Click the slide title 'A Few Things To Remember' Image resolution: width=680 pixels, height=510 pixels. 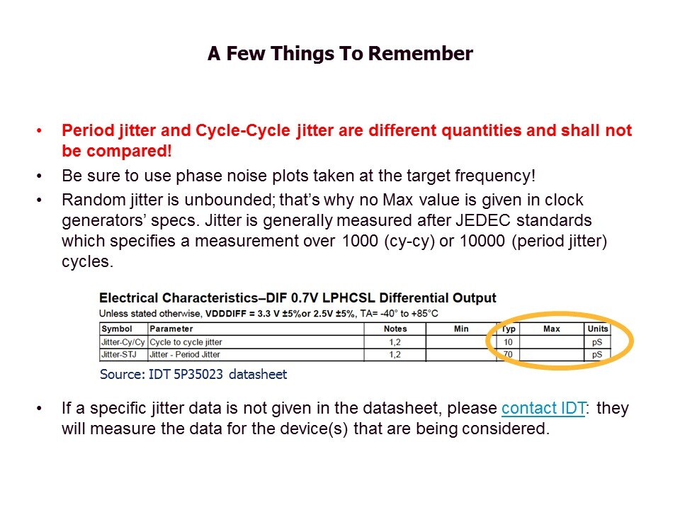pyautogui.click(x=340, y=53)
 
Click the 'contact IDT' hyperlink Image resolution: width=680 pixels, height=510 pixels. pyautogui.click(x=543, y=408)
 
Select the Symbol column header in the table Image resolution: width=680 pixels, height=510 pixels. pyautogui.click(x=117, y=329)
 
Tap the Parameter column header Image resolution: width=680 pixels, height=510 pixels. pyautogui.click(x=171, y=329)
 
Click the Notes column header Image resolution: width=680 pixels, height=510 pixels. pyautogui.click(x=395, y=329)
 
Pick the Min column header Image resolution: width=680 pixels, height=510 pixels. pyautogui.click(x=461, y=329)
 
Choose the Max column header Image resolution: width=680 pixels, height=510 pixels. pyautogui.click(x=552, y=329)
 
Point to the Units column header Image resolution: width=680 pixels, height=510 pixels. pyautogui.click(x=598, y=329)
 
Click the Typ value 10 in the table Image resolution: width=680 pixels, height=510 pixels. pyautogui.click(x=508, y=342)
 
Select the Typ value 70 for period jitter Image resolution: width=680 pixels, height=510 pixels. pyautogui.click(x=508, y=354)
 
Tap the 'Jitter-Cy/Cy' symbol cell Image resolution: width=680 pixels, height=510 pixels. pyautogui.click(x=123, y=342)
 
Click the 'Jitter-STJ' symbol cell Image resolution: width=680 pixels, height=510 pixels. pyautogui.click(x=118, y=354)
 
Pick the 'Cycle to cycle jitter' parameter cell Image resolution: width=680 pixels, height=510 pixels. pyautogui.click(x=186, y=342)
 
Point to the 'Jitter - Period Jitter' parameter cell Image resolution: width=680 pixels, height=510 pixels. pyautogui.click(x=184, y=354)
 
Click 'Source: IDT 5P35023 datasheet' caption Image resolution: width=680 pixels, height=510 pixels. pyautogui.click(x=193, y=374)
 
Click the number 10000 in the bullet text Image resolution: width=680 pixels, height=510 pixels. pyautogui.click(x=482, y=241)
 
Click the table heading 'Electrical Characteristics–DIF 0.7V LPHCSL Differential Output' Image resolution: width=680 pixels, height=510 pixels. pyautogui.click(x=297, y=298)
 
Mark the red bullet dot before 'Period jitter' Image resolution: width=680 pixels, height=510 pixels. pyautogui.click(x=39, y=130)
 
